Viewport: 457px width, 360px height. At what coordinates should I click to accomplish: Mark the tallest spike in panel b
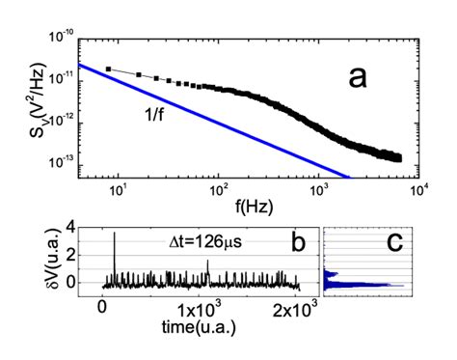point(115,234)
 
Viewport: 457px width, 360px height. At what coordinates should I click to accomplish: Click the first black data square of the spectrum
point(108,69)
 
